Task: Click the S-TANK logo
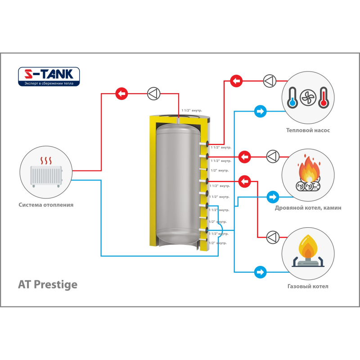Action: [x=49, y=76]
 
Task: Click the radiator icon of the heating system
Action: [x=46, y=175]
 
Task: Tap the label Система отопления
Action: [x=46, y=205]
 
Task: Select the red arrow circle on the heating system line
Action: [x=121, y=94]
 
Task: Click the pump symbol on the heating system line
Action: [x=153, y=94]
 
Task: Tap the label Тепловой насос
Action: [x=308, y=130]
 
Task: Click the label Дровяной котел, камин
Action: [x=308, y=208]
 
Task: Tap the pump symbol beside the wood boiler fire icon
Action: [x=273, y=157]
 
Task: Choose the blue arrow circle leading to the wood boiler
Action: [x=272, y=197]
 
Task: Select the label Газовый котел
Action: [x=308, y=286]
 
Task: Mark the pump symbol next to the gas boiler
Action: [x=273, y=237]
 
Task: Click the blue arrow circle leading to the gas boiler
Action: [x=260, y=272]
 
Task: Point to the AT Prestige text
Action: [x=47, y=284]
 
